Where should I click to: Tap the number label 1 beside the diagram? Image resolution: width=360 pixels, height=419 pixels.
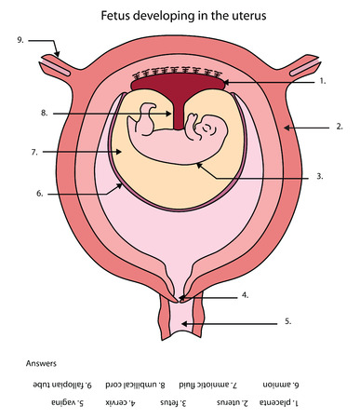point(322,82)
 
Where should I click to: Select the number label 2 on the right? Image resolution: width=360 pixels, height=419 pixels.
point(340,126)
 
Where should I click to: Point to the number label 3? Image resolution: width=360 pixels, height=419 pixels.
point(320,176)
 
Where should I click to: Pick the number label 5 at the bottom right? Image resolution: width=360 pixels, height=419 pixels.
point(287,321)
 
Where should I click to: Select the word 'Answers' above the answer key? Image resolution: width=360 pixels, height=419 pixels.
point(43,364)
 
